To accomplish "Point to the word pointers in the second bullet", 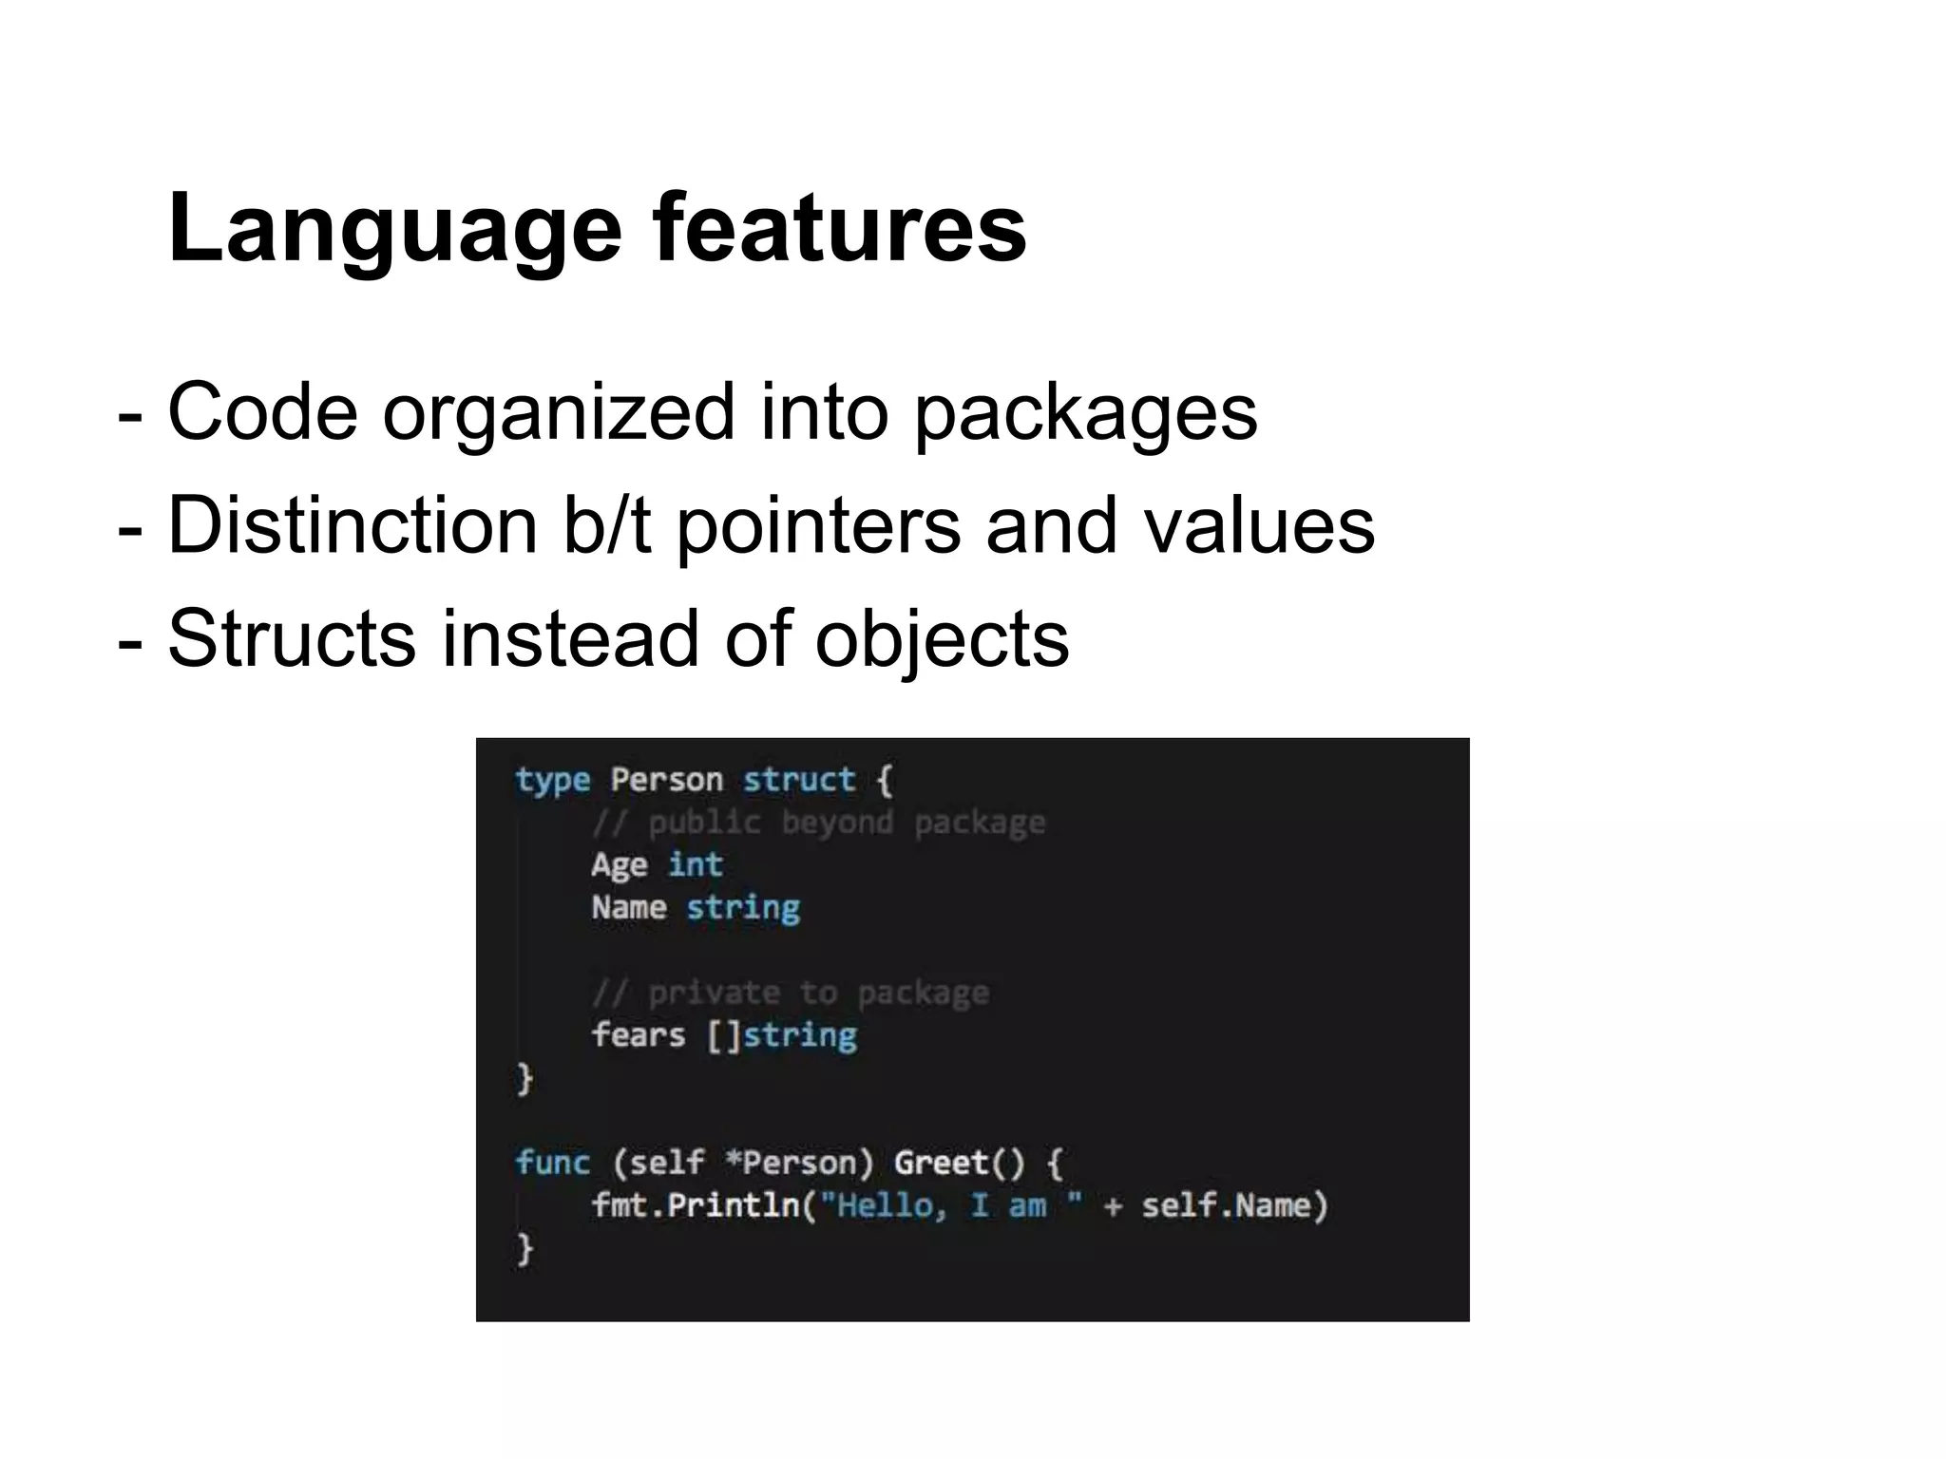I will [x=818, y=526].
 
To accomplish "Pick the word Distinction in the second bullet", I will [x=353, y=526].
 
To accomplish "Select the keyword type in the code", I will [x=552, y=781].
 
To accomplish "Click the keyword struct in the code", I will [x=798, y=781].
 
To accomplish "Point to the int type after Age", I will [x=695, y=865].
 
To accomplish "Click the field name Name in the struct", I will [x=628, y=908].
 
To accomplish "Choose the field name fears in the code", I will [x=638, y=1035].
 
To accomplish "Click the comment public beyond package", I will [x=818, y=823].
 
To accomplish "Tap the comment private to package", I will [x=790, y=994].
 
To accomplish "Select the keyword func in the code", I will [x=552, y=1163].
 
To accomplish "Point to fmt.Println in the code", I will [x=695, y=1206].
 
